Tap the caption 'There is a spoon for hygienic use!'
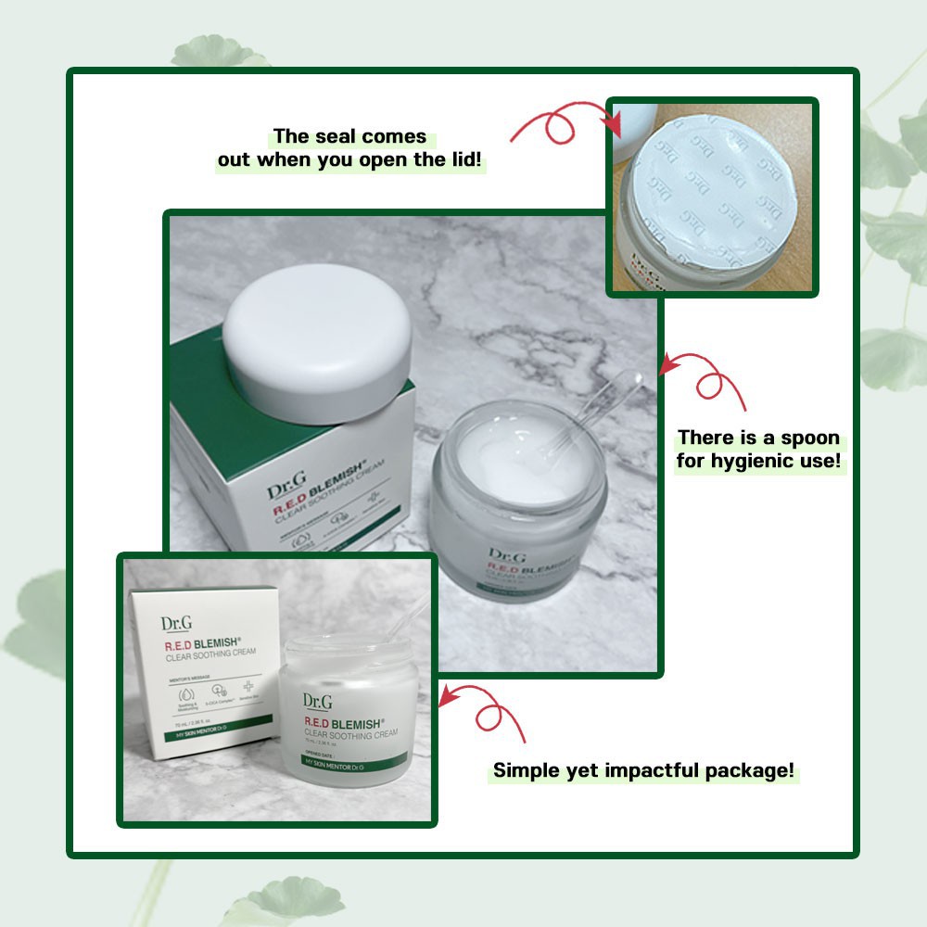tap(758, 449)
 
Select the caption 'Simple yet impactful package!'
tap(643, 770)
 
